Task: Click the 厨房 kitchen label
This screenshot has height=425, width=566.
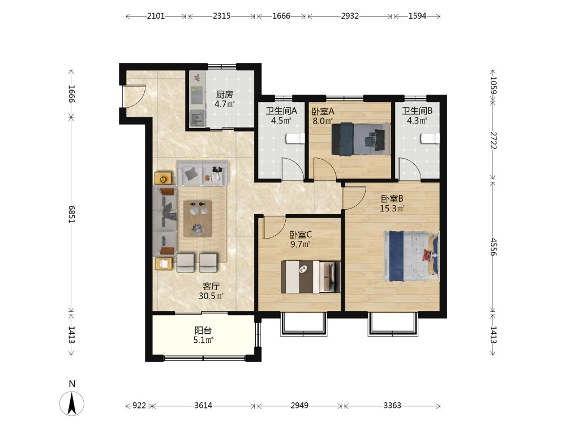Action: coord(224,94)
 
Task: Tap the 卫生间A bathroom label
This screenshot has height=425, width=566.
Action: coord(281,111)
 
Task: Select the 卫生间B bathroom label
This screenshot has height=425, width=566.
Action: coord(417,111)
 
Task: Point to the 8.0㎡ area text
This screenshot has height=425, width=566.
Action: coord(323,121)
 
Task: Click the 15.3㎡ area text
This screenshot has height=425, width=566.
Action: coord(392,208)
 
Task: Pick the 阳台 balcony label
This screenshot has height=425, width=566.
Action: coord(203,330)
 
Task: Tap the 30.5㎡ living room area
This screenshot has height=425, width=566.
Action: coord(211,296)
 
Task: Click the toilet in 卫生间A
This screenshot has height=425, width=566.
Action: coord(295,138)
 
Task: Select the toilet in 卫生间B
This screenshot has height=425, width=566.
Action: coord(430,138)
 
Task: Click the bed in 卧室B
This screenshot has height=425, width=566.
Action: coord(411,256)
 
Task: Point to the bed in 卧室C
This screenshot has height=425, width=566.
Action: coord(311,277)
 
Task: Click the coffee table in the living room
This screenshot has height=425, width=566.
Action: coord(197,219)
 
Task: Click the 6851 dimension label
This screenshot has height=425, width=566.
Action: coord(71,214)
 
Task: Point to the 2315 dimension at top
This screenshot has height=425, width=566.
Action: coord(221,16)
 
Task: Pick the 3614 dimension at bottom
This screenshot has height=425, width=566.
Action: coord(203,406)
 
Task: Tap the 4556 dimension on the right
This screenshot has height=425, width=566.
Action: coord(494,247)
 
